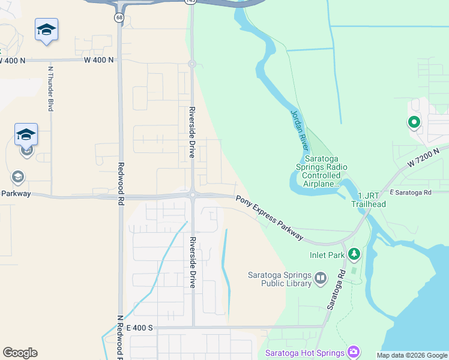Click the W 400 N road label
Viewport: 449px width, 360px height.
tap(13, 61)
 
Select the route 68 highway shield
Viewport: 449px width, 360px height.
tap(120, 17)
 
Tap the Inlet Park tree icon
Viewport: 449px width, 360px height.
tap(354, 255)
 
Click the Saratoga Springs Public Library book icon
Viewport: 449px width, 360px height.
tap(321, 278)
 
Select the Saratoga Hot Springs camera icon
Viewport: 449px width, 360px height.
tap(354, 352)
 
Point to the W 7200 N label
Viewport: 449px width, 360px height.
tap(427, 157)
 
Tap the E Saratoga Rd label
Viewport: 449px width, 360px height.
tap(411, 193)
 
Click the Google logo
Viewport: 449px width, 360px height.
tap(20, 353)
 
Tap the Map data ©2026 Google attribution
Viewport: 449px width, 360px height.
tap(412, 355)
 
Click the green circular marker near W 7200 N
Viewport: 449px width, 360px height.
tap(414, 123)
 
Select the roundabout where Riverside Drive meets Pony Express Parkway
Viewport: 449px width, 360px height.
tap(193, 194)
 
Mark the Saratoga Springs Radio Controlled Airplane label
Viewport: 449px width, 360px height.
tap(321, 169)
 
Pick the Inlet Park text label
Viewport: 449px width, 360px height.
tap(327, 255)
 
